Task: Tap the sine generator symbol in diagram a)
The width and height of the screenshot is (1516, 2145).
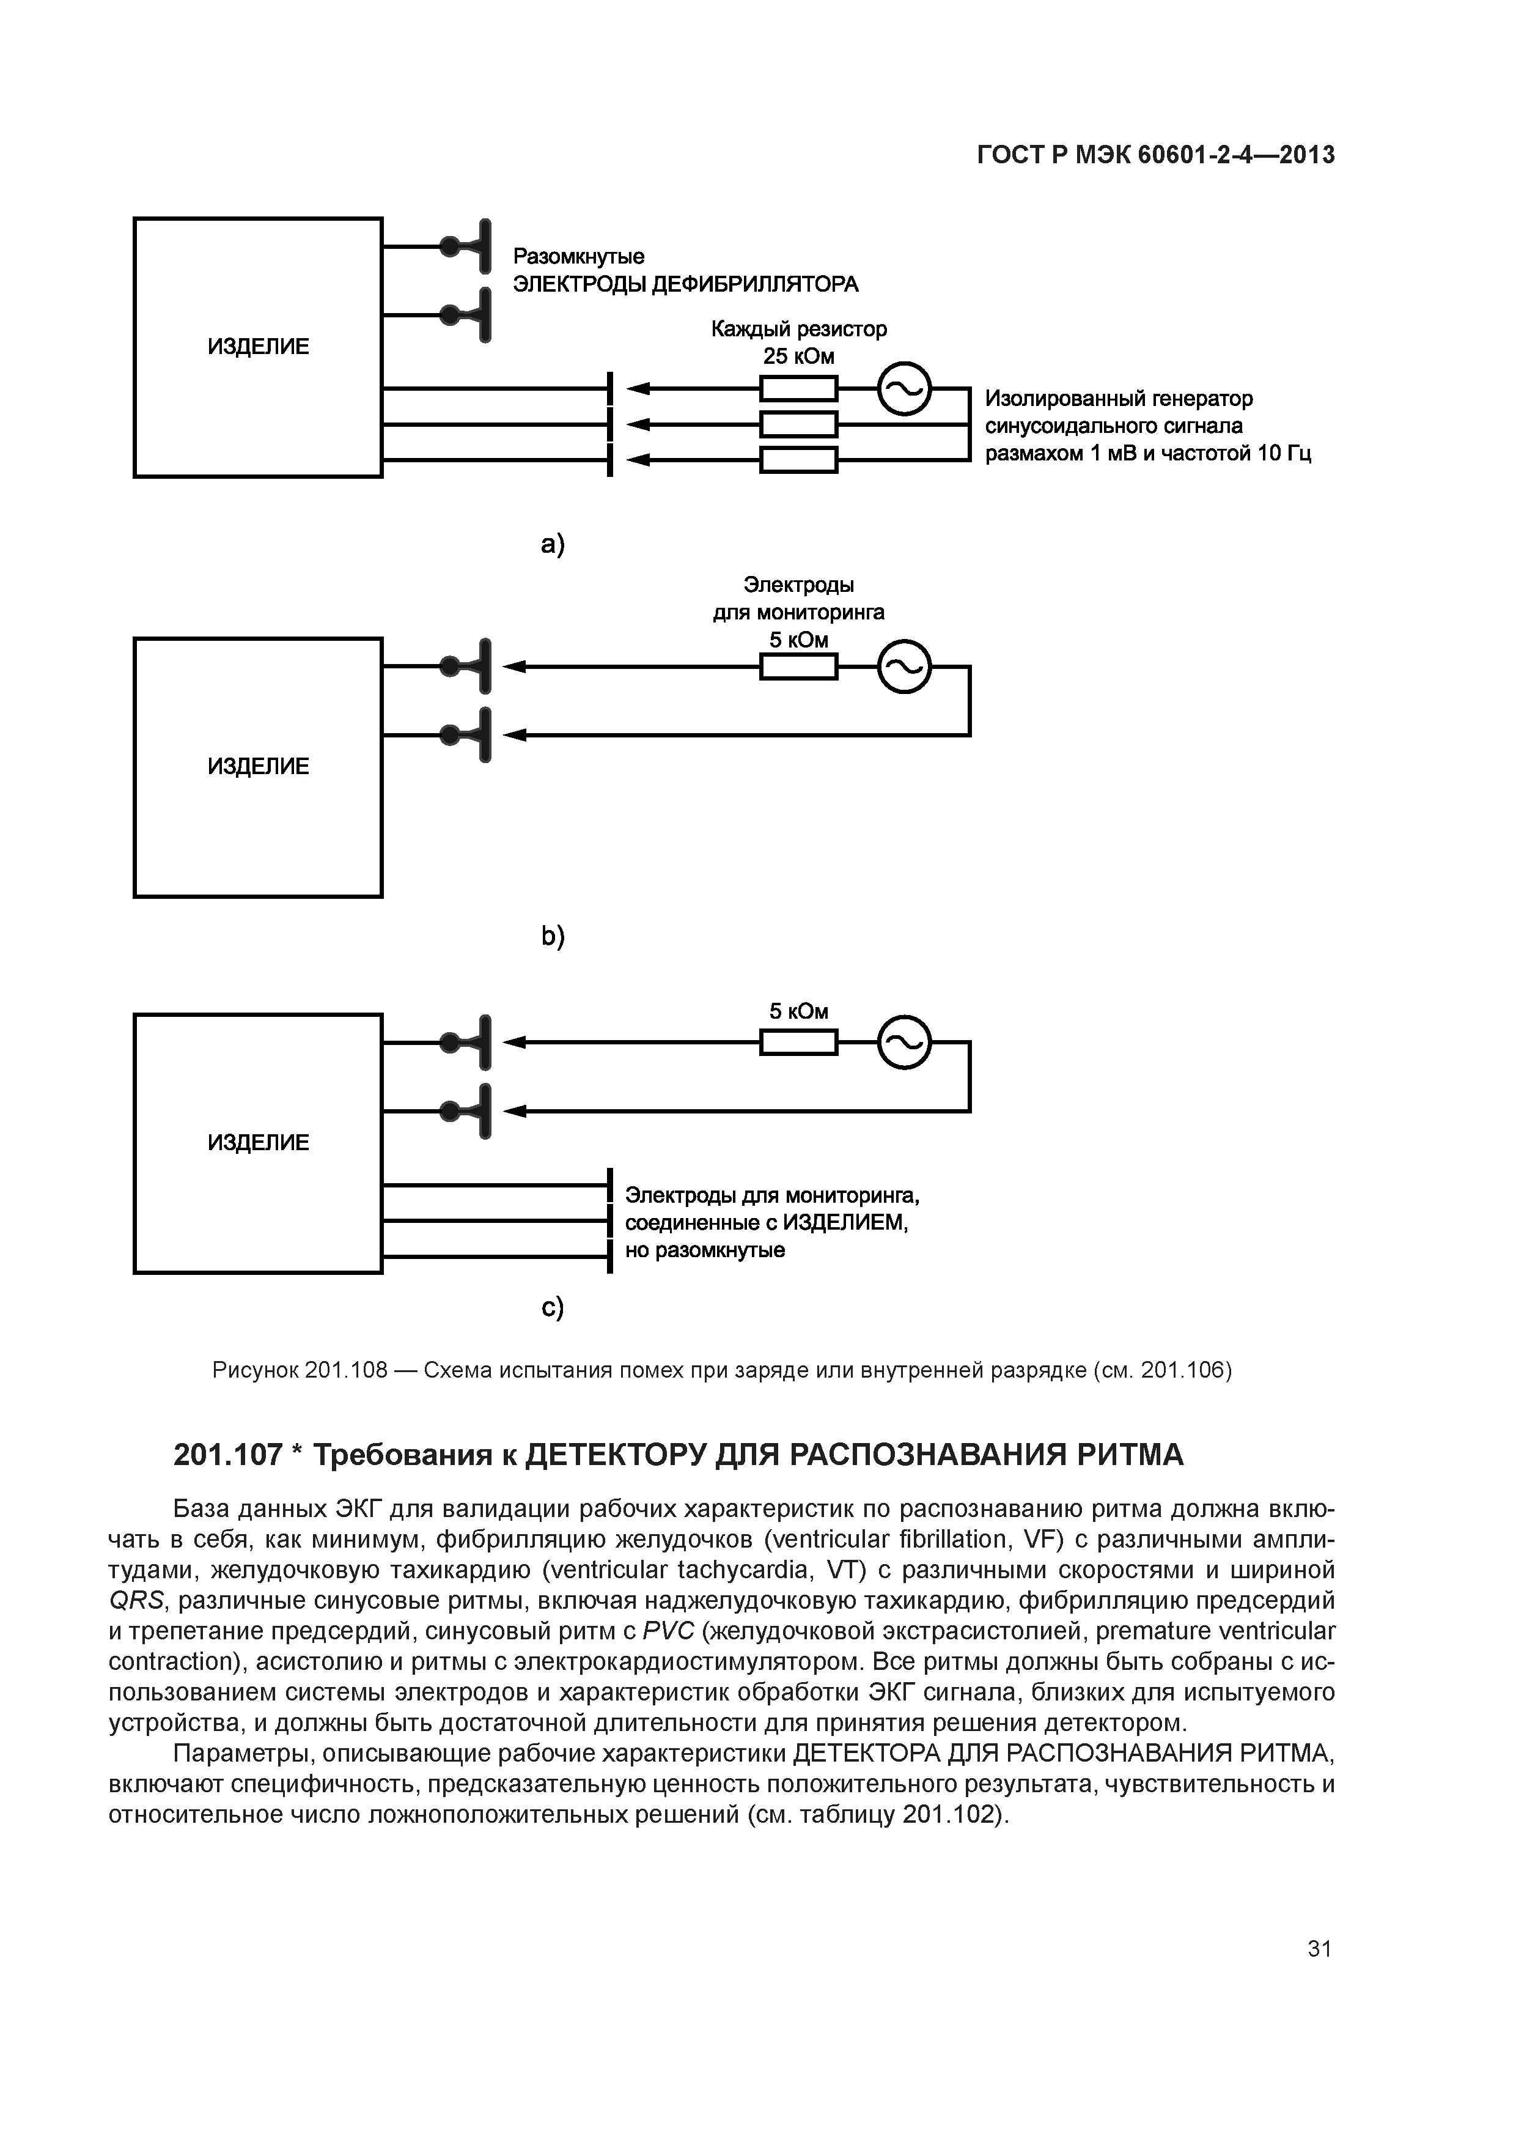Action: pyautogui.click(x=904, y=389)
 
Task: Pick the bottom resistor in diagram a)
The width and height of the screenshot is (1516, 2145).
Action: pyautogui.click(x=798, y=460)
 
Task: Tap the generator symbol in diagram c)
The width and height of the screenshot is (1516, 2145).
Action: pyautogui.click(x=904, y=1043)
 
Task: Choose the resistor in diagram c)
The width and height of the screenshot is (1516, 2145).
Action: pyautogui.click(x=798, y=1043)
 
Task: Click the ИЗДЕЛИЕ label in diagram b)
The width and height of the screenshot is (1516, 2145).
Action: pyautogui.click(x=258, y=767)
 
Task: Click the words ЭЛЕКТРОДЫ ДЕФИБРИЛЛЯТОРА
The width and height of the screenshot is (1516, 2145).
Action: pyautogui.click(x=686, y=284)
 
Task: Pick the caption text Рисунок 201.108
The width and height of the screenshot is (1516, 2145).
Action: pyautogui.click(x=300, y=1370)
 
